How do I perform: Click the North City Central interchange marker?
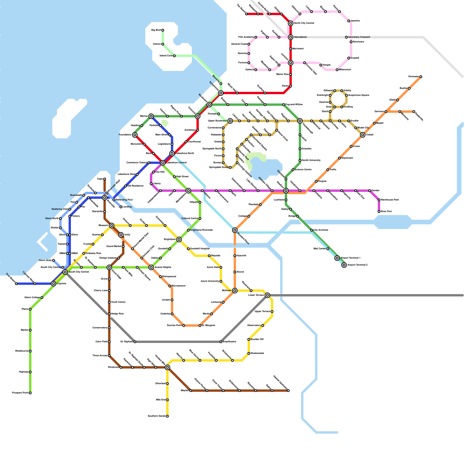pyautogui.click(x=291, y=23)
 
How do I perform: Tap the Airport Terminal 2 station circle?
pyautogui.click(x=344, y=265)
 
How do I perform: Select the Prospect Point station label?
pyautogui.click(x=20, y=393)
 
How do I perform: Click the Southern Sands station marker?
pyautogui.click(x=167, y=416)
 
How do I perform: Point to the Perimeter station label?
pyautogui.click(x=413, y=77)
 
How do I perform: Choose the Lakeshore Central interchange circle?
pyautogui.click(x=163, y=163)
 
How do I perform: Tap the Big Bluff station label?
pyautogui.click(x=156, y=30)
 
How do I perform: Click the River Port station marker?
pyautogui.click(x=379, y=212)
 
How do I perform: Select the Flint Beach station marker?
pyautogui.click(x=16, y=284)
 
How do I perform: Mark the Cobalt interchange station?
pyautogui.click(x=363, y=135)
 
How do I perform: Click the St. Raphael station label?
pyautogui.click(x=126, y=342)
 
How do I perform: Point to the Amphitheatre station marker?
pyautogui.click(x=221, y=342)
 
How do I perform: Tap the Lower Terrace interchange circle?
pyautogui.click(x=267, y=295)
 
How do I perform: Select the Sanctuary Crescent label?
pyautogui.click(x=359, y=37)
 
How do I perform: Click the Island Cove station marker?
pyautogui.click(x=174, y=56)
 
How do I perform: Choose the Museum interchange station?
pyautogui.click(x=112, y=226)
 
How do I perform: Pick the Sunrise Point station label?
pyautogui.click(x=174, y=325)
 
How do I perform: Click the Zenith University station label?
pyautogui.click(x=311, y=160)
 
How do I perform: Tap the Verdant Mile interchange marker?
pyautogui.click(x=167, y=367)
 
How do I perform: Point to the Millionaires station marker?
pyautogui.click(x=337, y=70)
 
